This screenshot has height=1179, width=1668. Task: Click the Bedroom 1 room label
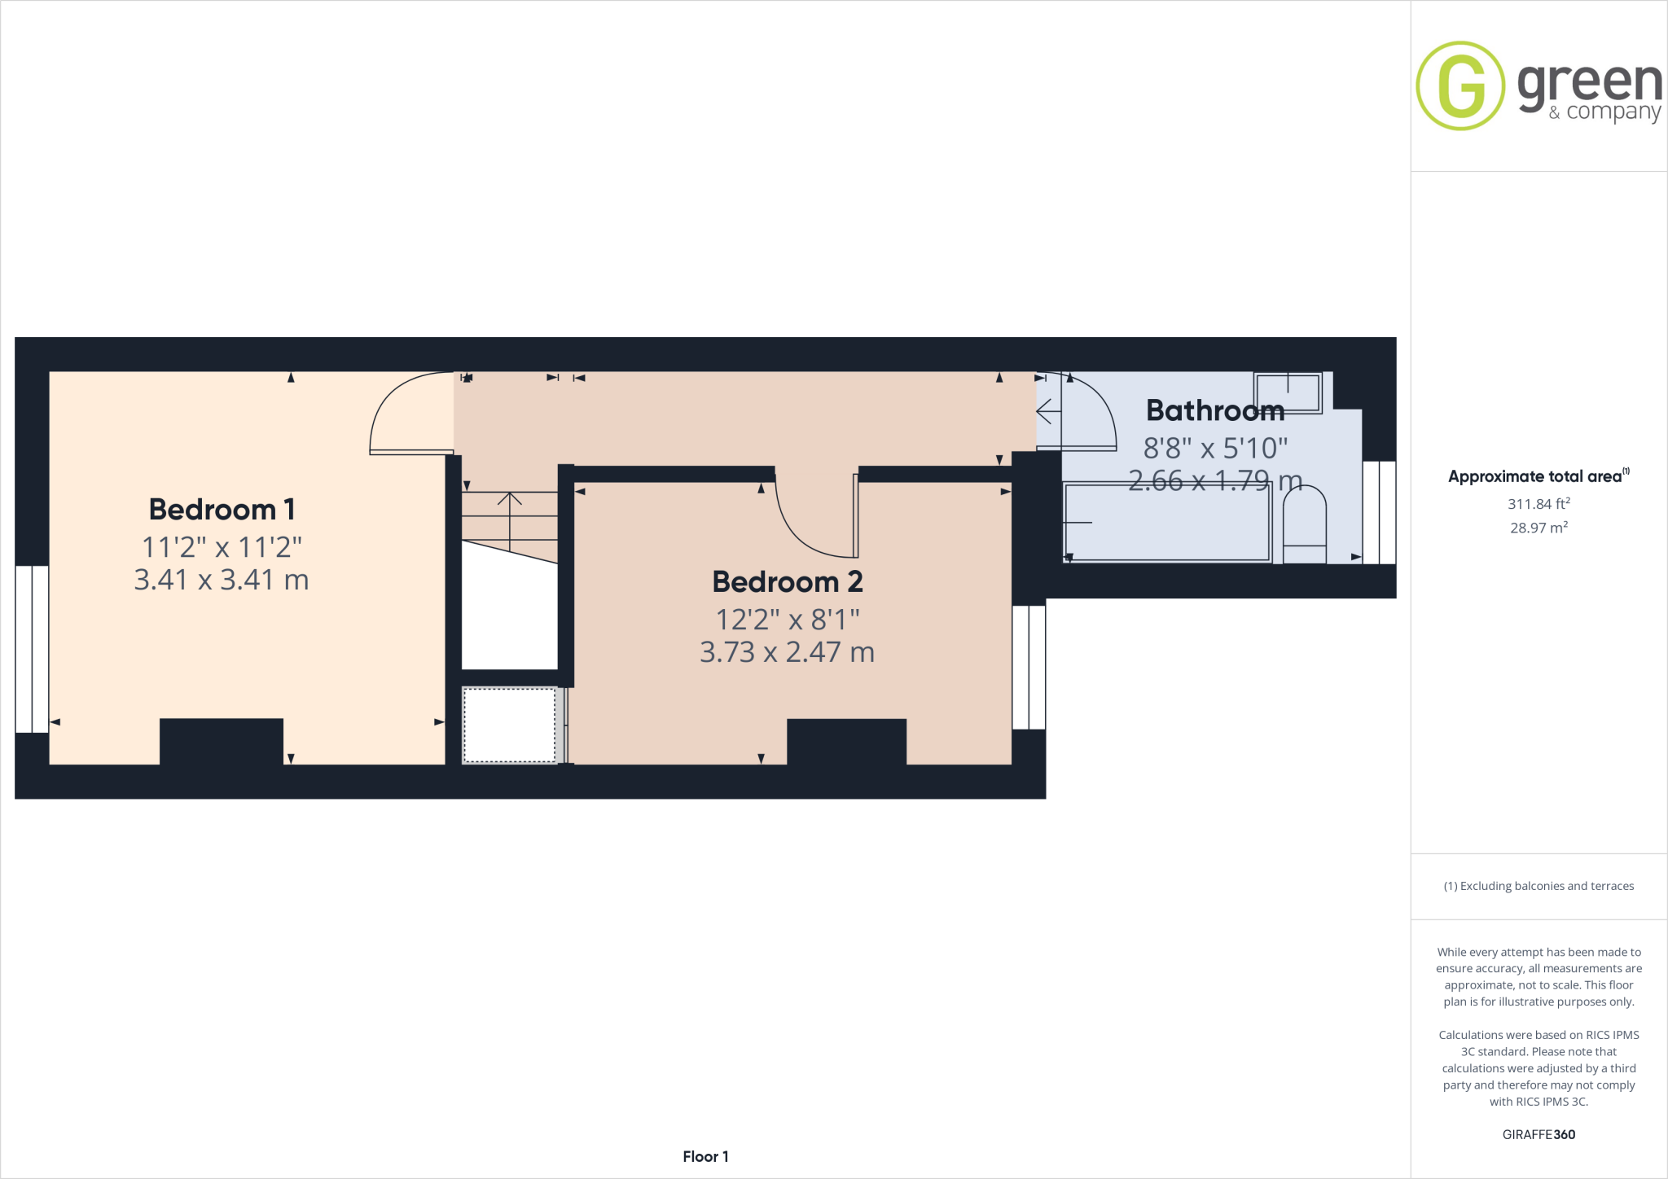pyautogui.click(x=222, y=510)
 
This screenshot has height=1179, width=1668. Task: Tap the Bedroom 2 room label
pyautogui.click(x=787, y=582)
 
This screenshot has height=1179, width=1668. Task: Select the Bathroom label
pyautogui.click(x=1214, y=410)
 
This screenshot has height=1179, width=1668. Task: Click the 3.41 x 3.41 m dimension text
pyautogui.click(x=222, y=580)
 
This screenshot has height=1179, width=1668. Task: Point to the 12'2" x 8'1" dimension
pyautogui.click(x=787, y=620)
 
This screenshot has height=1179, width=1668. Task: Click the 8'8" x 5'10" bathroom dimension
pyautogui.click(x=1214, y=448)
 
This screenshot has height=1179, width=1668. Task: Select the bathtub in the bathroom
pyautogui.click(x=1168, y=522)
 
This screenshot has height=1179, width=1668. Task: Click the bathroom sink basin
pyautogui.click(x=1287, y=392)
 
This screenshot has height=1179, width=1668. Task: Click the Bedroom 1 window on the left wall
pyautogui.click(x=32, y=649)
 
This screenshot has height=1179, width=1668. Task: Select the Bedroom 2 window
pyautogui.click(x=1029, y=667)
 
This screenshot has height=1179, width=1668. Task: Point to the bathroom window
pyautogui.click(x=1379, y=512)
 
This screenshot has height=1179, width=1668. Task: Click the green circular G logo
pyautogui.click(x=1460, y=85)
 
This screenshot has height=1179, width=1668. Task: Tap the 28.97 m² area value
pyautogui.click(x=1539, y=528)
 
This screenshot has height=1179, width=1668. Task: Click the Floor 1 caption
pyautogui.click(x=705, y=1156)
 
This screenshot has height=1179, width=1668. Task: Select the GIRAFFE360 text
pyautogui.click(x=1539, y=1134)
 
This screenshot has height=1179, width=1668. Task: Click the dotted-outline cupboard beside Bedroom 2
pyautogui.click(x=510, y=725)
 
